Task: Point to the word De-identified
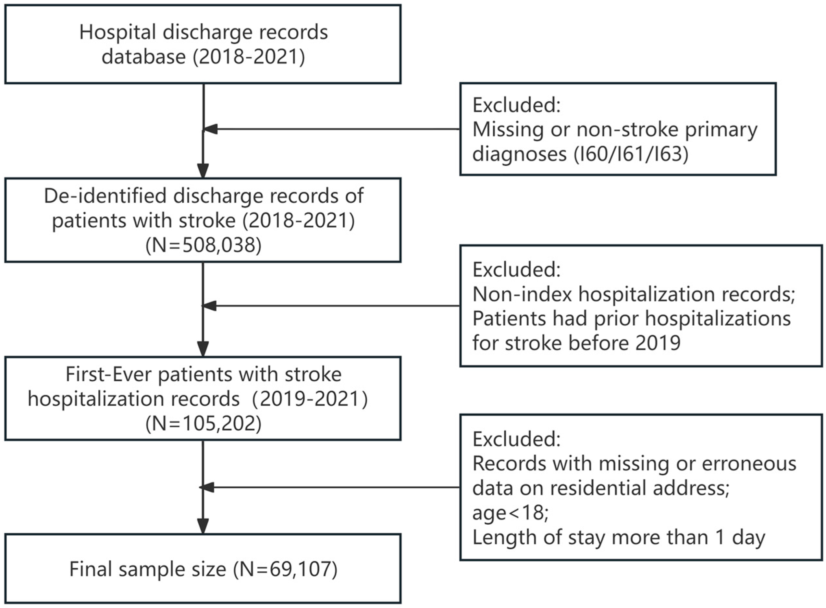(105, 196)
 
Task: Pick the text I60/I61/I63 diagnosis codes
(631, 154)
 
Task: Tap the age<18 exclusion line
(510, 512)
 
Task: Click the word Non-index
(522, 294)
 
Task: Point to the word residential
(597, 488)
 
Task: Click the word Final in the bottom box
(90, 569)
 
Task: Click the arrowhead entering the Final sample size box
(203, 526)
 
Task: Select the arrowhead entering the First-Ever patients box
(203, 349)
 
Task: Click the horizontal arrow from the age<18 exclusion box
(332, 488)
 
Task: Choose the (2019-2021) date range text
(310, 399)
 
